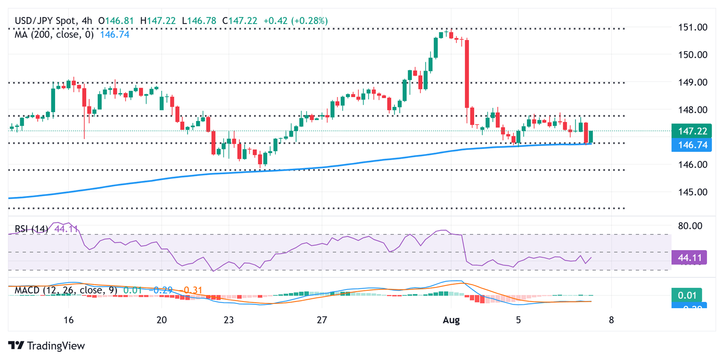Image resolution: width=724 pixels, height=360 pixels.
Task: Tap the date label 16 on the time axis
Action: (x=69, y=319)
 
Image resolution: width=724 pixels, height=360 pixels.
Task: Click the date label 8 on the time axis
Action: (x=611, y=319)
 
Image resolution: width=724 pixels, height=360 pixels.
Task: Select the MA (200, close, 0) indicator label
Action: (x=54, y=34)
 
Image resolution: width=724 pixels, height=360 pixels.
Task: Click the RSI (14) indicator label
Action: (x=32, y=229)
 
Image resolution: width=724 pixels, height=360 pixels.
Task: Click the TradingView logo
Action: (x=47, y=345)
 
